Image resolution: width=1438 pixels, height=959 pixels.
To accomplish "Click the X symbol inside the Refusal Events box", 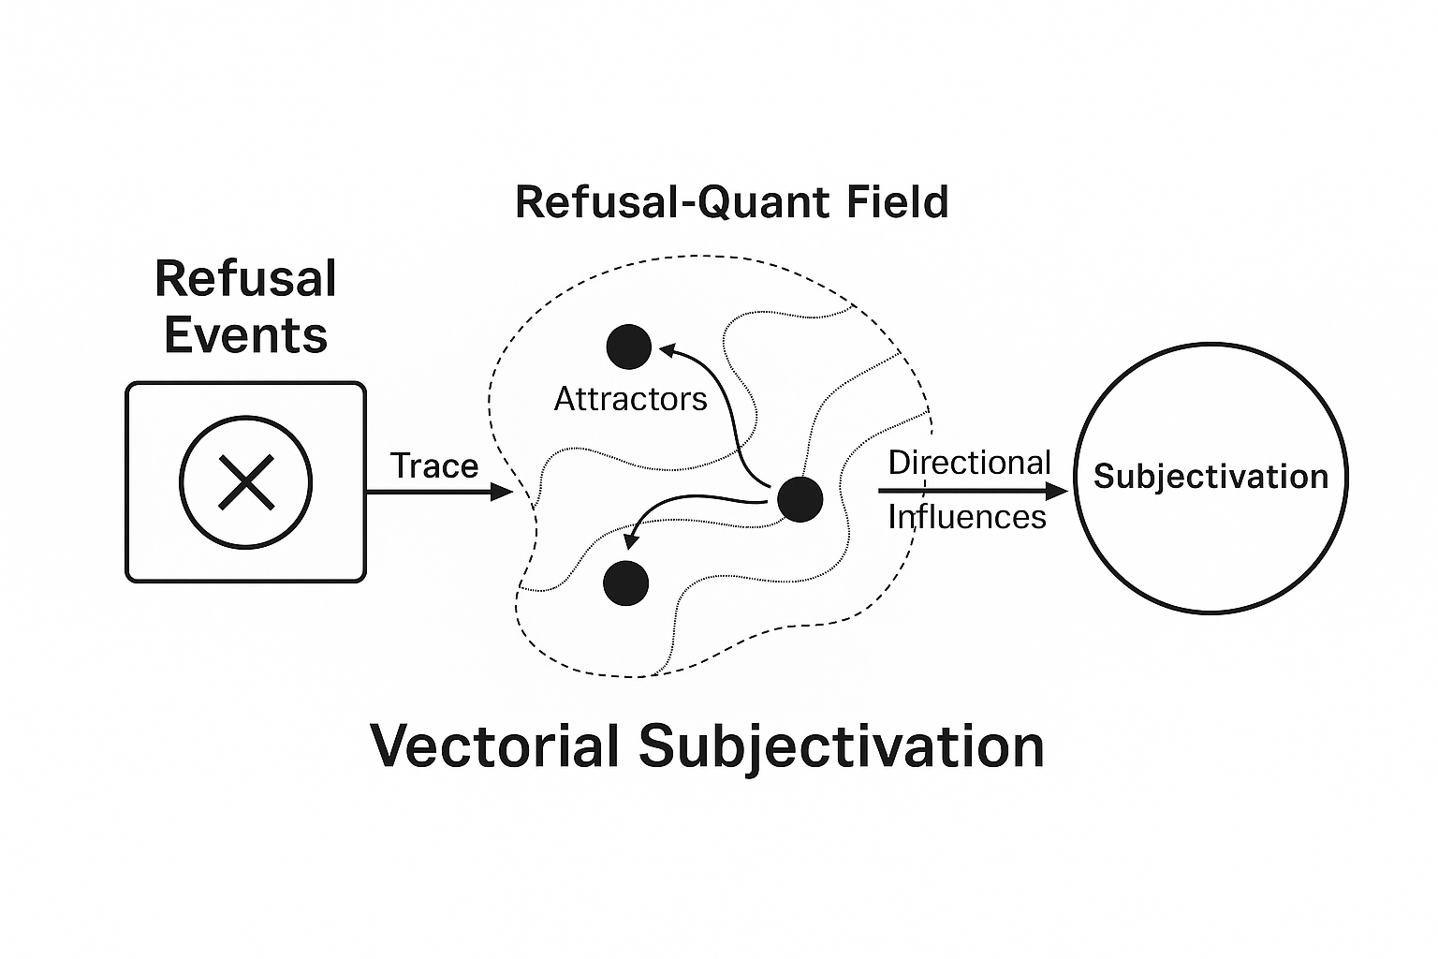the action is click(246, 482).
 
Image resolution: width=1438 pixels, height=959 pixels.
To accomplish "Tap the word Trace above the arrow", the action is click(434, 465).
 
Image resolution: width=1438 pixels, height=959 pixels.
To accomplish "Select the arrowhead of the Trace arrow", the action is click(502, 492).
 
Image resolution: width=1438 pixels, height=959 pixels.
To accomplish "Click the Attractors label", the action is click(630, 399).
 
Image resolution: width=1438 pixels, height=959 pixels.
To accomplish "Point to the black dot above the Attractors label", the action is click(628, 347).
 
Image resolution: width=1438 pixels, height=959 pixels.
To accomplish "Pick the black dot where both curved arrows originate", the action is click(800, 499).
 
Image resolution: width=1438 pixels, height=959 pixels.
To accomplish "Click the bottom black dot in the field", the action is click(626, 583).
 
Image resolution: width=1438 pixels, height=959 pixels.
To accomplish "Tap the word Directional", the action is click(969, 463).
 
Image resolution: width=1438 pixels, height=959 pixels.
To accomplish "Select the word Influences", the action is click(967, 517).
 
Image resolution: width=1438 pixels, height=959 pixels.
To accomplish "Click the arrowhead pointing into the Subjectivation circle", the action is click(1057, 492).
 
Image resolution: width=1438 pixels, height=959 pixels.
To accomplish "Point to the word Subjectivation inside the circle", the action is click(1211, 477).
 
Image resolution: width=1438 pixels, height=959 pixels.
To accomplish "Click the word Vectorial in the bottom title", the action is click(494, 745).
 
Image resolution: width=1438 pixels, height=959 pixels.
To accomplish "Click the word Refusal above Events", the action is click(245, 279).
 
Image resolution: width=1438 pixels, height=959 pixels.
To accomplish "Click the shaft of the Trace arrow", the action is click(428, 492).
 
